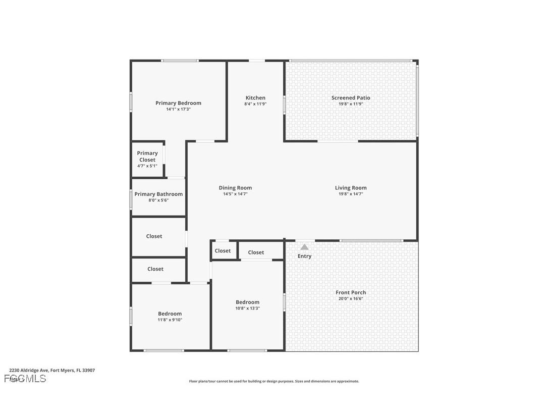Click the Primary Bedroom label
pos(178,103)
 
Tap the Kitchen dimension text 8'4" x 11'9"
pos(255,104)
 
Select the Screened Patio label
pos(351,98)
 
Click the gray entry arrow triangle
pos(304,247)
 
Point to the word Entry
pos(304,256)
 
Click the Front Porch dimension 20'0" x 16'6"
pos(351,298)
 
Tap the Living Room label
pos(351,188)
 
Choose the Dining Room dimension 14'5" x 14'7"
pos(235,194)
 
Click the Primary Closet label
pos(147,157)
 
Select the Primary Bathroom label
pos(158,194)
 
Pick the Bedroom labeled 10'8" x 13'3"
pos(247,302)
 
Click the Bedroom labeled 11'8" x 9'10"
pos(170,314)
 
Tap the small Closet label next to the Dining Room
pos(223,250)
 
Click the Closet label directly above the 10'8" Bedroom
pos(256,252)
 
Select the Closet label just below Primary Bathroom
pos(154,236)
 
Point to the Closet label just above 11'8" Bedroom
pos(155,269)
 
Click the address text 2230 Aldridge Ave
pos(52,370)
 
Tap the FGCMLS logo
pos(25,379)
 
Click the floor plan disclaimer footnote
pos(274,381)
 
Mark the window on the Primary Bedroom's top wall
pos(179,61)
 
